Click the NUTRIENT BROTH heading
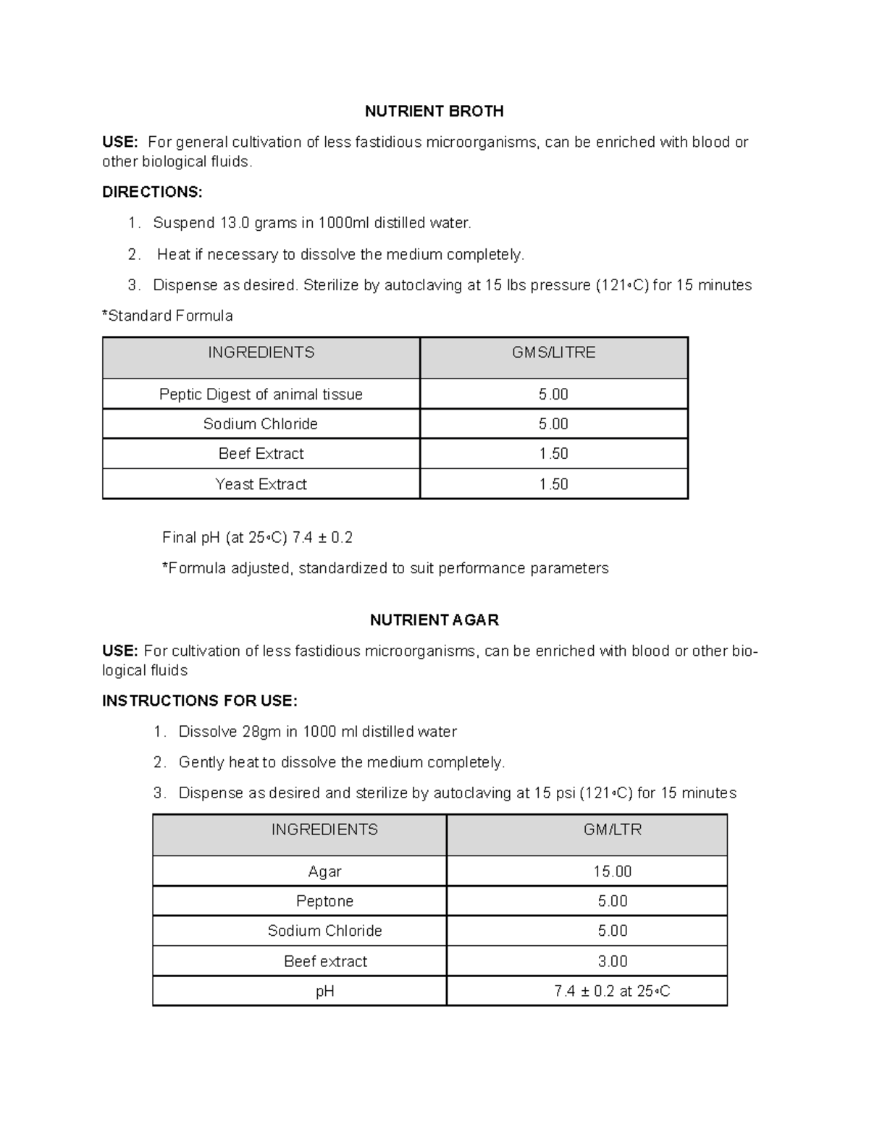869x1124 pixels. click(434, 111)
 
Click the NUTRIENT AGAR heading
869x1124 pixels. click(434, 620)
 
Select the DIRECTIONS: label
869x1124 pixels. click(152, 193)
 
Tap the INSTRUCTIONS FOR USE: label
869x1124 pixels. click(200, 701)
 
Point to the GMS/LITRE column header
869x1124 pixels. click(553, 352)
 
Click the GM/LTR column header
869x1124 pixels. click(613, 830)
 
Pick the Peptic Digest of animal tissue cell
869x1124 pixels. click(261, 394)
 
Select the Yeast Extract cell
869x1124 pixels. click(261, 484)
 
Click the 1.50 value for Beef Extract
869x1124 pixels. click(553, 454)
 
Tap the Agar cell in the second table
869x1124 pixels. click(324, 872)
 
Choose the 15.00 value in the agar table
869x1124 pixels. click(613, 872)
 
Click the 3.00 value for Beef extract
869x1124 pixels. click(613, 962)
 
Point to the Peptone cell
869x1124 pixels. click(324, 902)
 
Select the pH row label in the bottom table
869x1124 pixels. click(324, 992)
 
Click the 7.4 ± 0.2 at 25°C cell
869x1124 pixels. click(613, 992)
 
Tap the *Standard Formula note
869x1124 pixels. click(167, 316)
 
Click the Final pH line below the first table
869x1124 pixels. click(257, 538)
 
